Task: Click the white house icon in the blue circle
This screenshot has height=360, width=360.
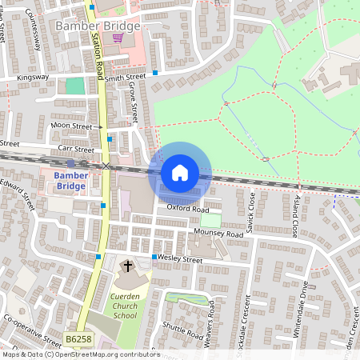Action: pyautogui.click(x=179, y=172)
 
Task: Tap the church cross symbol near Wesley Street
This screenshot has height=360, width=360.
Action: pyautogui.click(x=127, y=266)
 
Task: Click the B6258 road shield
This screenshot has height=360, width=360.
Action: pyautogui.click(x=78, y=339)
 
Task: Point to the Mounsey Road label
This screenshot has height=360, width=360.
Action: pyautogui.click(x=218, y=234)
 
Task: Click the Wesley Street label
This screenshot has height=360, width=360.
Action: pyautogui.click(x=180, y=258)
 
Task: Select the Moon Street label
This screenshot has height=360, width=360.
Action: pyautogui.click(x=71, y=126)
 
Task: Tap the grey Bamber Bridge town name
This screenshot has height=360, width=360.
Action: pyautogui.click(x=98, y=26)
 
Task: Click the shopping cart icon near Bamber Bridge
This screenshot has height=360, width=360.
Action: pyautogui.click(x=118, y=37)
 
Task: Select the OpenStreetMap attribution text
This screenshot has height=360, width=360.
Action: pyautogui.click(x=80, y=354)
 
